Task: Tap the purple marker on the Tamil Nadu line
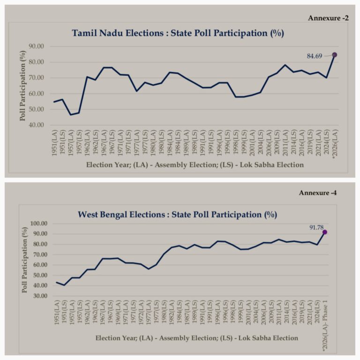coord(334,55)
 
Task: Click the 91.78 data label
coord(316,227)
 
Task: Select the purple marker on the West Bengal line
coord(324,232)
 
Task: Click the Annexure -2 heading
coord(328,18)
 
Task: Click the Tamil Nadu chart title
coord(178,33)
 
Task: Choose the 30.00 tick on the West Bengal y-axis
coord(40,296)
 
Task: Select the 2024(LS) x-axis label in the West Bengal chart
coord(317,314)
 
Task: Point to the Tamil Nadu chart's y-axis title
coord(22,86)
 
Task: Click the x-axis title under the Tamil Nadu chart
coord(195,165)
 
